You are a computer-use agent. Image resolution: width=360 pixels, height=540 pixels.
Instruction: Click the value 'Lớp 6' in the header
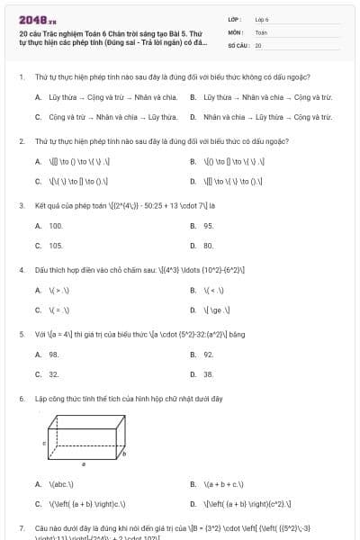pyautogui.click(x=262, y=18)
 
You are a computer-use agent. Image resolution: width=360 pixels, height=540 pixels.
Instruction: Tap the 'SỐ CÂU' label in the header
pyautogui.click(x=238, y=44)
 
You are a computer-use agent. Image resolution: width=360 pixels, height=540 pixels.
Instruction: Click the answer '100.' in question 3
pyautogui.click(x=56, y=226)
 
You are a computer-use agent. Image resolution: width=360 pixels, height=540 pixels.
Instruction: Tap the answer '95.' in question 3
pyautogui.click(x=208, y=226)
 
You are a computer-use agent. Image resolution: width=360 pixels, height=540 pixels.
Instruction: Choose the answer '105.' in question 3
pyautogui.click(x=56, y=245)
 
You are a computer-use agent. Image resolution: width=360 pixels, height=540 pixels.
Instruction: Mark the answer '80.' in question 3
pyautogui.click(x=208, y=245)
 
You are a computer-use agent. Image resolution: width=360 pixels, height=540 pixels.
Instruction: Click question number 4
pyautogui.click(x=21, y=269)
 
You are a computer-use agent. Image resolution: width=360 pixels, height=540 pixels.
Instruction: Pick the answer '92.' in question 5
pyautogui.click(x=208, y=355)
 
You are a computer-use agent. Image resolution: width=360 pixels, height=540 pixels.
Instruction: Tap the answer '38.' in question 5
pyautogui.click(x=208, y=373)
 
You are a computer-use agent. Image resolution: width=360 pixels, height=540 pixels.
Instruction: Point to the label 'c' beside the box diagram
pyautogui.click(x=44, y=444)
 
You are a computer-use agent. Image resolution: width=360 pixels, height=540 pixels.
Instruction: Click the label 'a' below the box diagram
pyautogui.click(x=84, y=464)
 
